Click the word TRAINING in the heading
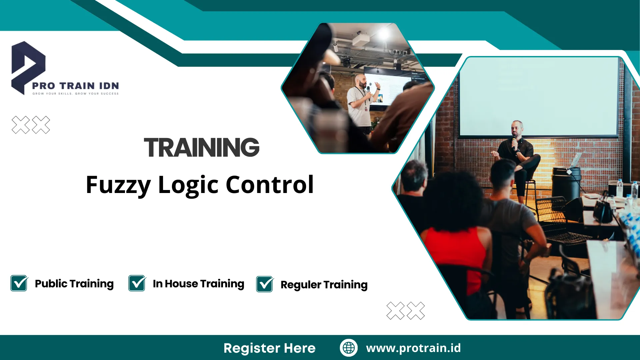(x=202, y=147)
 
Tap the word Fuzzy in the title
(x=118, y=185)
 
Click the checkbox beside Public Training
(x=19, y=283)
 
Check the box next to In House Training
(x=137, y=283)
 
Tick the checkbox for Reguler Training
(x=265, y=284)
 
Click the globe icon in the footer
(x=349, y=348)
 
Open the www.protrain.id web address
(x=413, y=348)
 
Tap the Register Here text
(x=269, y=348)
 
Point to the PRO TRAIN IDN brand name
(x=75, y=86)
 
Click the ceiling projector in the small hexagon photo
(x=361, y=40)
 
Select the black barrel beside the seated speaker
(x=566, y=182)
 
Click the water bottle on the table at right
(x=620, y=188)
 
